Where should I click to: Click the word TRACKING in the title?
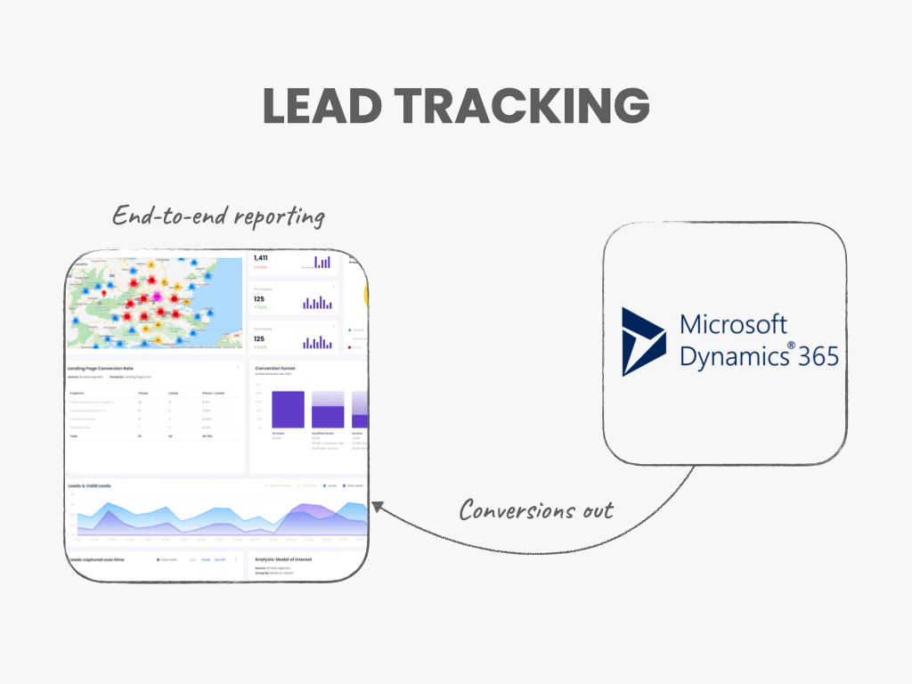click(x=522, y=107)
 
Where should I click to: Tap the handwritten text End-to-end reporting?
click(x=218, y=216)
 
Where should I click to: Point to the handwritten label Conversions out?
click(x=536, y=510)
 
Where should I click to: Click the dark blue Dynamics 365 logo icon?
click(x=643, y=341)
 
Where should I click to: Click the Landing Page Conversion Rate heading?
click(x=100, y=368)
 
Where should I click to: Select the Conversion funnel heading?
click(x=275, y=368)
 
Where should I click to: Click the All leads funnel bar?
click(x=288, y=410)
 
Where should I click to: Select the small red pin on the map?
click(x=104, y=293)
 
